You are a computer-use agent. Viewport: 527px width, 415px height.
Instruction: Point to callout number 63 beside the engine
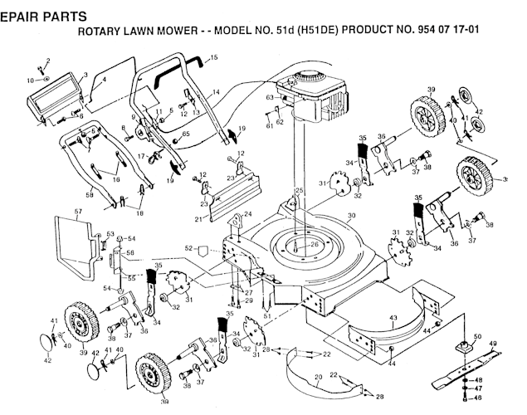coord(270,98)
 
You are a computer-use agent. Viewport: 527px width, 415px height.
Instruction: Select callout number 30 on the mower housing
coord(351,215)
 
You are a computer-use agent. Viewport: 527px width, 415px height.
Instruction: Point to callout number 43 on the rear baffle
coord(393,320)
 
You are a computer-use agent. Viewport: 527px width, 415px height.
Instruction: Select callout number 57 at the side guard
coord(79,212)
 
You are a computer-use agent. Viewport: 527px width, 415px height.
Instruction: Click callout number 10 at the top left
coord(29,81)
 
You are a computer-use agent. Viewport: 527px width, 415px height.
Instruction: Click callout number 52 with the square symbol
coord(188,247)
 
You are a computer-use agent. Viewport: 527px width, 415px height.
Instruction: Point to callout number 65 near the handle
coord(186,133)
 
